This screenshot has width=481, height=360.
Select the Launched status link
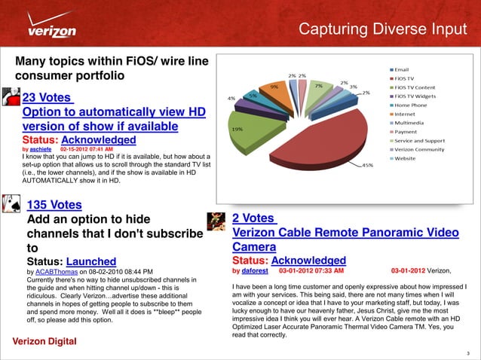pos(91,261)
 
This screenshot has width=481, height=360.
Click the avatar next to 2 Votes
pos(218,221)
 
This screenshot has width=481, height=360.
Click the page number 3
pos(469,352)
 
